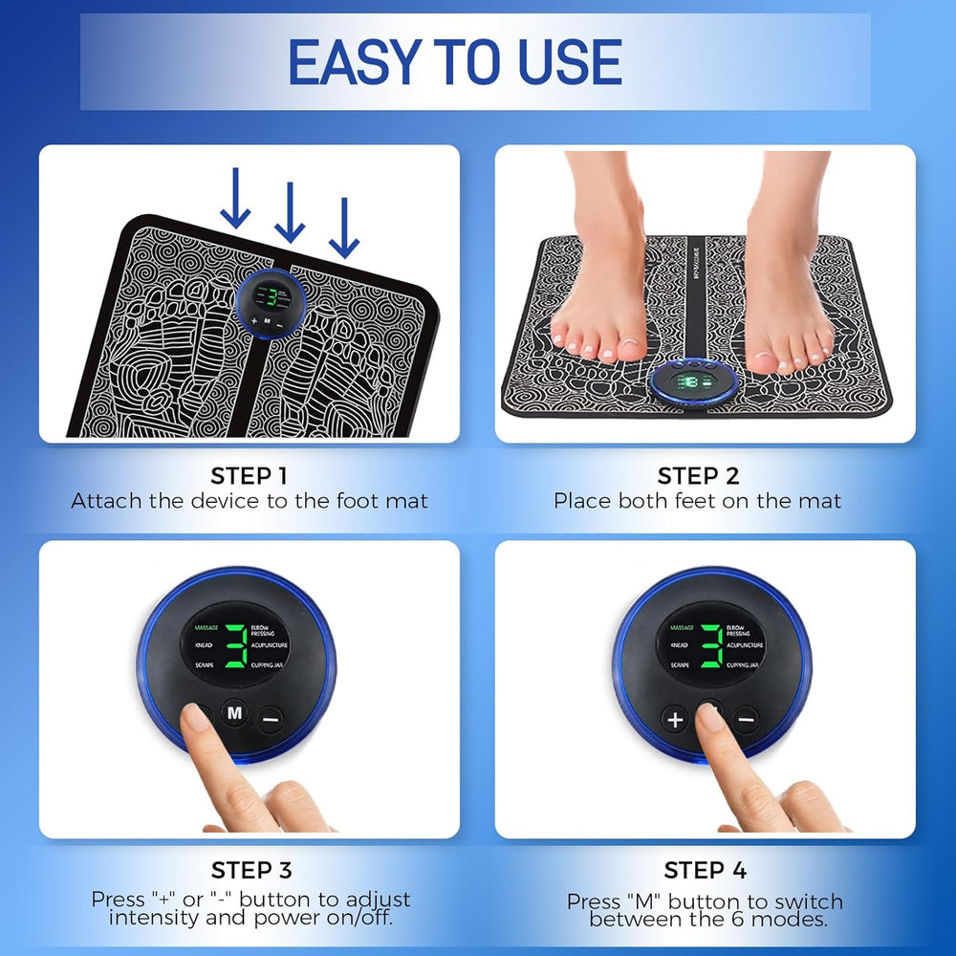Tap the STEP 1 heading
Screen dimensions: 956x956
[x=249, y=476]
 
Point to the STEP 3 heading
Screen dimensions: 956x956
[x=251, y=870]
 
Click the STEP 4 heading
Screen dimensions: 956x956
[x=705, y=870]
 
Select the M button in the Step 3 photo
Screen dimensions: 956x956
[x=234, y=712]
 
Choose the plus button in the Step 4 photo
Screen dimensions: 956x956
[x=675, y=720]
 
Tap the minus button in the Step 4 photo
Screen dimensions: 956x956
[x=747, y=720]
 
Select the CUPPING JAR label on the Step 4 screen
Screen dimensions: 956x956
[x=746, y=664]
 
